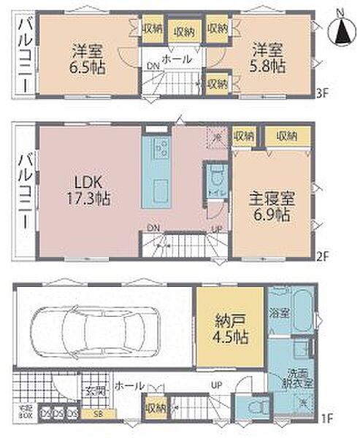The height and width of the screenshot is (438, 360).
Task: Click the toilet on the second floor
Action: tap(215, 180)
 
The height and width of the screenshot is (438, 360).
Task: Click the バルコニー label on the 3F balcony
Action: tap(23, 55)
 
